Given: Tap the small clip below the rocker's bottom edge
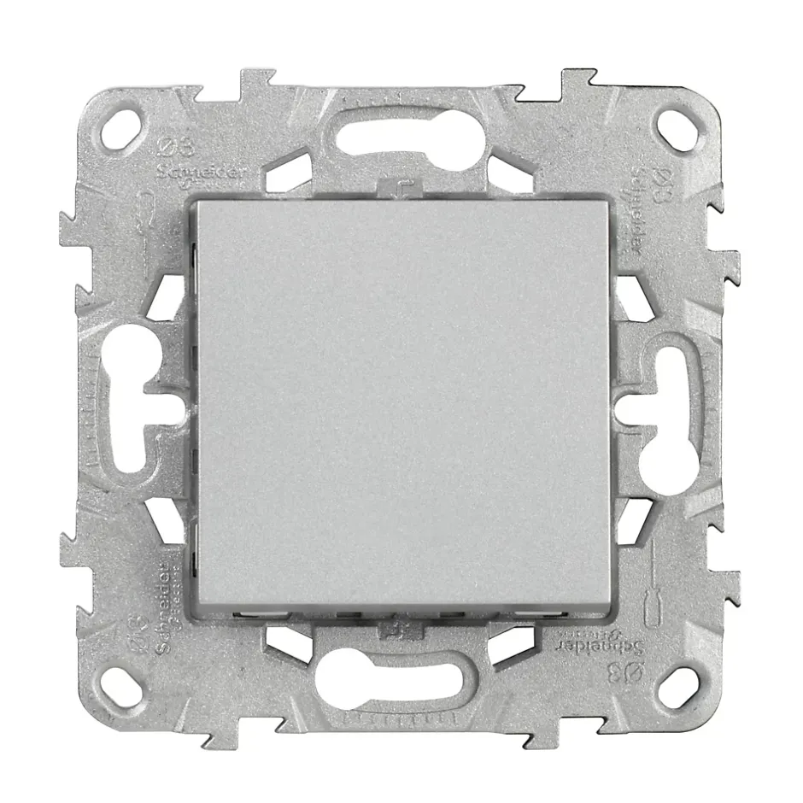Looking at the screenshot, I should click(x=397, y=630).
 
